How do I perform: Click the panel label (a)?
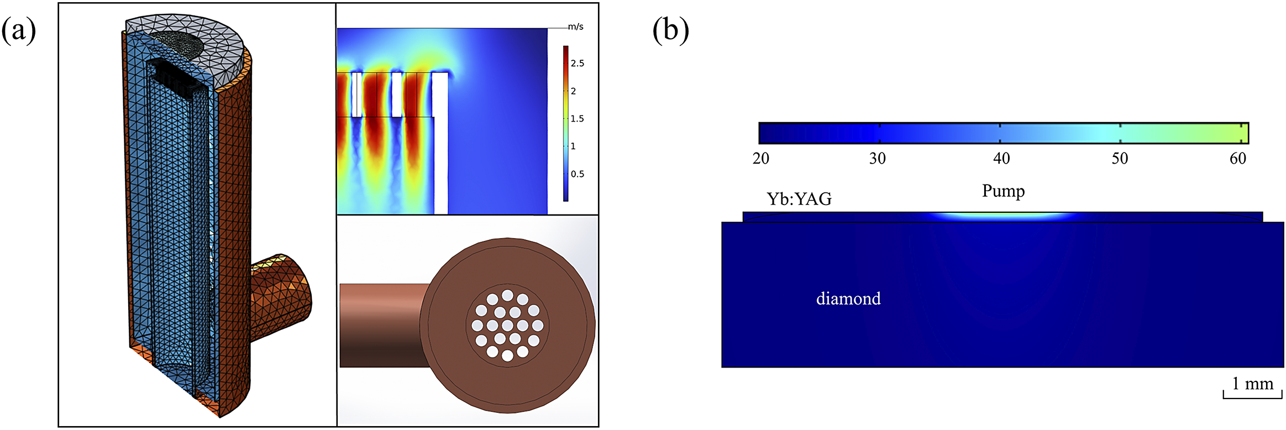[19, 30]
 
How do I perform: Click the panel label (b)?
[670, 30]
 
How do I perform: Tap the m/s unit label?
[575, 27]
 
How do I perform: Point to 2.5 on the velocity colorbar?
[577, 64]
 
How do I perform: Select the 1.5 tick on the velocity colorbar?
[577, 119]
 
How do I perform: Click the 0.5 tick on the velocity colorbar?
[577, 174]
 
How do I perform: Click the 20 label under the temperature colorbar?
[761, 159]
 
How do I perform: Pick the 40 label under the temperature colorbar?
[1001, 159]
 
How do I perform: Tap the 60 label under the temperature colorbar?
[1238, 159]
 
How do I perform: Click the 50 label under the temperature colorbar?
[1120, 159]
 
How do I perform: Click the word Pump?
[1003, 191]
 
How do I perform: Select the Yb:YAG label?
[799, 199]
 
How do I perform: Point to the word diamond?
[848, 299]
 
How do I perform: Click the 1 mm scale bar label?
[1252, 384]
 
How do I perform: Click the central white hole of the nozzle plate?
[507, 326]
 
